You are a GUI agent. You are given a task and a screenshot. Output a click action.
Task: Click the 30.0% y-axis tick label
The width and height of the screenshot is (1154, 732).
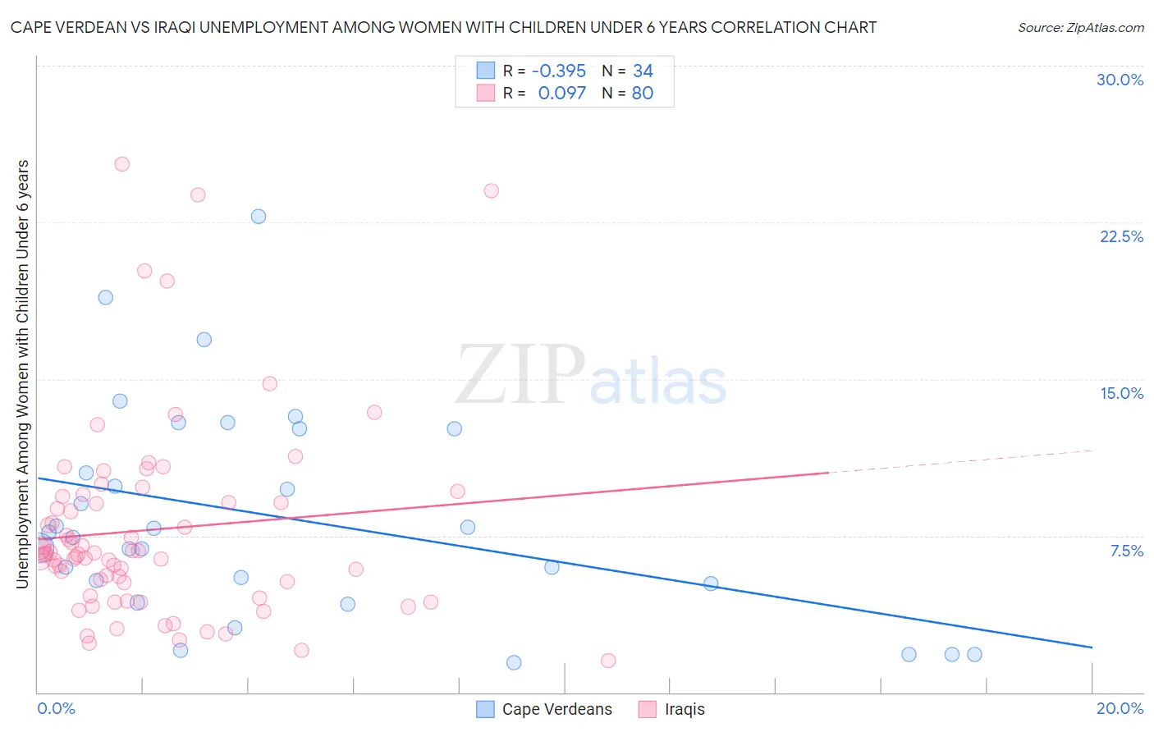click(x=1120, y=80)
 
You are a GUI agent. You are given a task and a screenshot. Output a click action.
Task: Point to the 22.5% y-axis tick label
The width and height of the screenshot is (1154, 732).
click(x=1121, y=236)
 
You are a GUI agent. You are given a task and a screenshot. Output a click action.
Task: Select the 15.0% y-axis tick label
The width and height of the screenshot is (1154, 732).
click(x=1121, y=393)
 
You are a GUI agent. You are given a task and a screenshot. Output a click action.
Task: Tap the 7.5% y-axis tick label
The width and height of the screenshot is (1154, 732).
click(x=1126, y=551)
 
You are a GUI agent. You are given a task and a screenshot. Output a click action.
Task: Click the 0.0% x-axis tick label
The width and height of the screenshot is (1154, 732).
click(x=56, y=708)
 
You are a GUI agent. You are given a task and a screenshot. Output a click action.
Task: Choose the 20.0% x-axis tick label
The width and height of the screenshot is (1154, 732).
click(x=1120, y=708)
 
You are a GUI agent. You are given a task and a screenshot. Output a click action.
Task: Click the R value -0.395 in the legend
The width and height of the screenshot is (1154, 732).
click(x=559, y=71)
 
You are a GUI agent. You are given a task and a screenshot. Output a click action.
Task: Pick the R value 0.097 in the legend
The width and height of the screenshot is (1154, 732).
click(x=562, y=93)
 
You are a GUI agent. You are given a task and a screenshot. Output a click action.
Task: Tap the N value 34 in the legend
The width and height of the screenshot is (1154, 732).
click(x=643, y=71)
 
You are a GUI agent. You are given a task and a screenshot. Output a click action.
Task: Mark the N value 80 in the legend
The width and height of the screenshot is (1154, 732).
click(x=643, y=93)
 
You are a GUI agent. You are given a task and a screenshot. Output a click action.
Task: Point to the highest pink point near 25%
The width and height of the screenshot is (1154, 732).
click(x=121, y=164)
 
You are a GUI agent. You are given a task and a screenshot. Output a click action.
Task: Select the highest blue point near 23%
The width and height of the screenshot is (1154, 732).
click(x=259, y=217)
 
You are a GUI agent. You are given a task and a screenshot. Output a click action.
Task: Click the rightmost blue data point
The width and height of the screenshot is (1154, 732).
click(x=974, y=654)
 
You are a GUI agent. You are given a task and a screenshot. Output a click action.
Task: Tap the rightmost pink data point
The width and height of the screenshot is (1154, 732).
click(x=608, y=661)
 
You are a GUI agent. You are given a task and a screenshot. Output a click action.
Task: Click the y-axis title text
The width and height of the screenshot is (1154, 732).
click(x=23, y=373)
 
